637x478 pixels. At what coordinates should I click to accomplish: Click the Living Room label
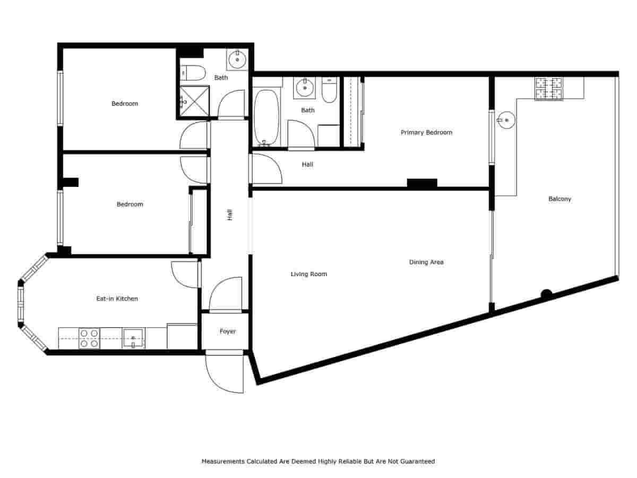308,274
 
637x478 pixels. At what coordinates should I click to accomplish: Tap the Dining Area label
426,262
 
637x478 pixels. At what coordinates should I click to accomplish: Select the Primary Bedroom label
426,132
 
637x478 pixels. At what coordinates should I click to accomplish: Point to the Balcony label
559,199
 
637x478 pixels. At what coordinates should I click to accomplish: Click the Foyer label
228,331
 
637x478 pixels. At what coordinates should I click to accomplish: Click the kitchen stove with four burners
89,338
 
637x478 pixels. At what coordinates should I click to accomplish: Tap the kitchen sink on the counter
133,338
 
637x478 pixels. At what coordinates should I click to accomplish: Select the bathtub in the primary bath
266,117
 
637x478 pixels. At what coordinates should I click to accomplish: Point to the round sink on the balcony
506,121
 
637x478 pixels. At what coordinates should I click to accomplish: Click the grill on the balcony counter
548,89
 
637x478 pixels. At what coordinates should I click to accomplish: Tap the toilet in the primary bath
329,90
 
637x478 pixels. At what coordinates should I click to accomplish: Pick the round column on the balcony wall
546,293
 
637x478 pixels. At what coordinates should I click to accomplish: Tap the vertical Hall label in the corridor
230,215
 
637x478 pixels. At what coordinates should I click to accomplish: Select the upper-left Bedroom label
124,104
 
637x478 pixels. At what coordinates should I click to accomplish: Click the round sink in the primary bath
305,88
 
